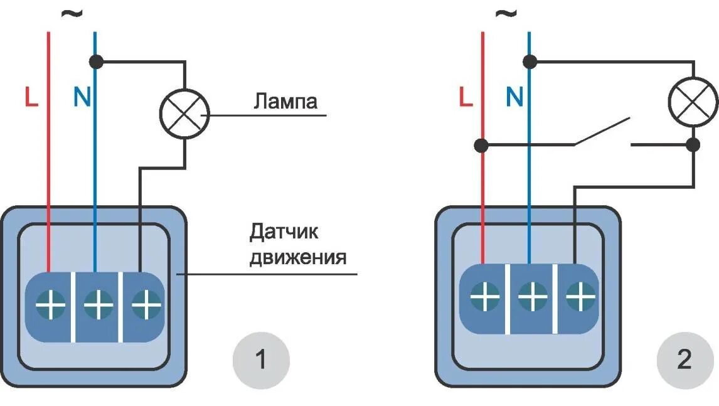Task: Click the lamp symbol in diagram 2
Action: point(693,100)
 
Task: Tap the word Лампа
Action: point(285,101)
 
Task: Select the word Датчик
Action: point(284,232)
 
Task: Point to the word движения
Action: point(298,257)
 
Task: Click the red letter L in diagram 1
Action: point(31,97)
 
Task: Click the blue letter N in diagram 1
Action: point(82,97)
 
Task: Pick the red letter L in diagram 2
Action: point(465,97)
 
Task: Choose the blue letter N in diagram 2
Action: point(514,97)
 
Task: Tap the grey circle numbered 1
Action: point(261,361)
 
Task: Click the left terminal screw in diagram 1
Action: point(50,306)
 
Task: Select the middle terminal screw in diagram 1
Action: point(97,306)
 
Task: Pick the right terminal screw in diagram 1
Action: point(145,306)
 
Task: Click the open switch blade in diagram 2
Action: point(601,132)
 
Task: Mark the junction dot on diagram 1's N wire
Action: point(96,61)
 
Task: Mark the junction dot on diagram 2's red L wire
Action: point(481,146)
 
